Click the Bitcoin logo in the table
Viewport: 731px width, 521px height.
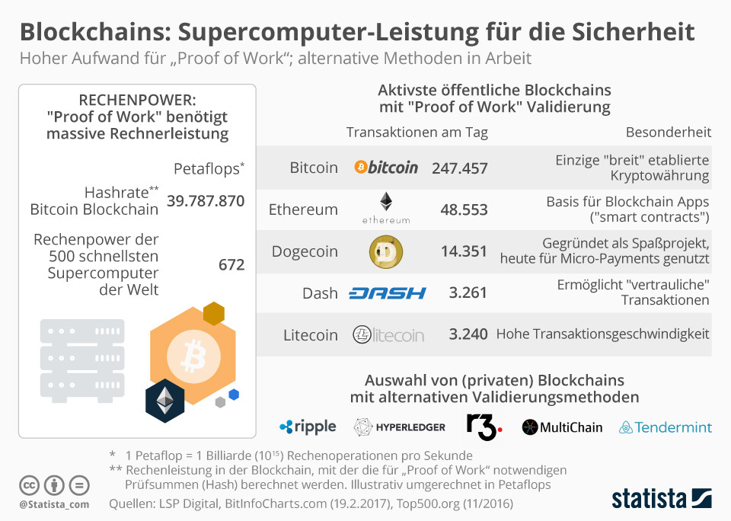click(x=386, y=168)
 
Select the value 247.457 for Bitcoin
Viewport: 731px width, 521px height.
click(x=459, y=168)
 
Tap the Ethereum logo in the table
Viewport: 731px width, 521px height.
click(x=386, y=208)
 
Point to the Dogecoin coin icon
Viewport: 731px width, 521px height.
click(x=386, y=251)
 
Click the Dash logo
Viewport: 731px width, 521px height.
click(x=387, y=293)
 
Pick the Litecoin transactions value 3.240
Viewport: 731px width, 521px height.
click(x=468, y=334)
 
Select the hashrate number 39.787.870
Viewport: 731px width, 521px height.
click(x=206, y=201)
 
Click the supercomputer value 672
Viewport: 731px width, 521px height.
click(x=231, y=264)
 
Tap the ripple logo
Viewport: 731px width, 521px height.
click(x=308, y=427)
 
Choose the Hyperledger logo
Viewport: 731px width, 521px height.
click(x=400, y=427)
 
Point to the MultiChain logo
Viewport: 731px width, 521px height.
click(x=562, y=427)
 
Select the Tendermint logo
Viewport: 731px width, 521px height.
click(x=666, y=427)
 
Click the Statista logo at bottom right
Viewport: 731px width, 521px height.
click(x=662, y=499)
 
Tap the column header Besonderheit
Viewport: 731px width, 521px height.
click(x=669, y=132)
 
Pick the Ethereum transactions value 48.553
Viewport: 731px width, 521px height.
click(x=464, y=209)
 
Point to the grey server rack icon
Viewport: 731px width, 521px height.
click(x=81, y=350)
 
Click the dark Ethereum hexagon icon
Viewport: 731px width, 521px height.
click(x=165, y=401)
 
